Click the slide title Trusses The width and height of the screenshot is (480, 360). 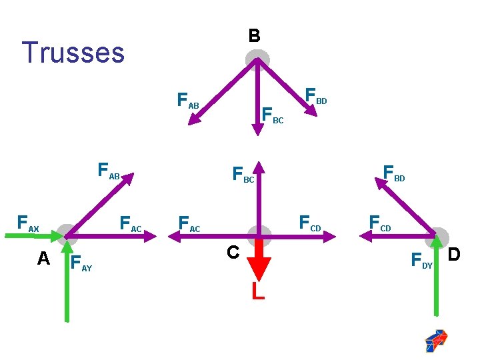[73, 53]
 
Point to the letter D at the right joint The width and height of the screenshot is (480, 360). [454, 255]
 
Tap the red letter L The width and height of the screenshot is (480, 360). [258, 291]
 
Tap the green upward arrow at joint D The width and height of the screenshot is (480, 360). [436, 280]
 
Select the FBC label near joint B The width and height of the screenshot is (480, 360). [272, 116]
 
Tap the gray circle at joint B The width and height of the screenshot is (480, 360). [257, 59]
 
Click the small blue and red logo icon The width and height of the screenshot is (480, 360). [436, 340]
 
